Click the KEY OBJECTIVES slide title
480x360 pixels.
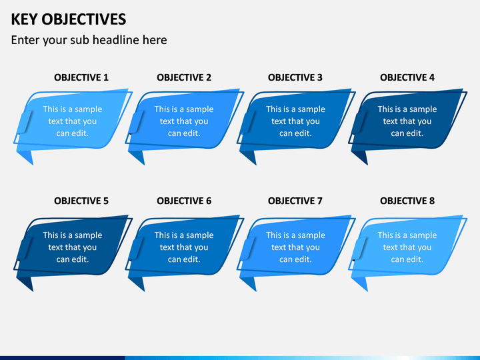tap(69, 19)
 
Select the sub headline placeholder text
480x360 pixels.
tap(89, 40)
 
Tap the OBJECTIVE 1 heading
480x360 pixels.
tap(81, 77)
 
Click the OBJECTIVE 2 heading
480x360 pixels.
tap(184, 77)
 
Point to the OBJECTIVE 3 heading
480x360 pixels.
tap(295, 77)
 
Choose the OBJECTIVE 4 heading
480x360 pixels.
tap(407, 77)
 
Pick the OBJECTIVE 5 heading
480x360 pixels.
tap(81, 201)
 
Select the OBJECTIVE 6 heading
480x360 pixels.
tap(184, 201)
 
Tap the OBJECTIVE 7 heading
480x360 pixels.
tap(295, 201)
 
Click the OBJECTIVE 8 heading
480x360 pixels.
tap(407, 201)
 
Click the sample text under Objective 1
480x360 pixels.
tap(73, 121)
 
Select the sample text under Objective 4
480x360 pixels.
tap(407, 121)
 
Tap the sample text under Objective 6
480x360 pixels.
tap(184, 247)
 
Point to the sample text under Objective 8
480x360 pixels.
tap(407, 247)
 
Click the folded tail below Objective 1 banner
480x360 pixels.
tap(26, 157)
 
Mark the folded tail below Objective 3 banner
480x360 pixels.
tap(249, 157)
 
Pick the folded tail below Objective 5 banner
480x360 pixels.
tap(26, 283)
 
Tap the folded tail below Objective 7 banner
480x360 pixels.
tap(249, 283)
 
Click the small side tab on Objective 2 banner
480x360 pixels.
tap(137, 122)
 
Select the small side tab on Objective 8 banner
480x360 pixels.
tap(360, 248)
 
